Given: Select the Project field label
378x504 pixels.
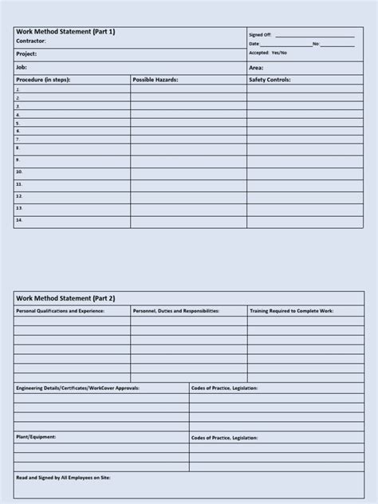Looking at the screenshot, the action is [26, 54].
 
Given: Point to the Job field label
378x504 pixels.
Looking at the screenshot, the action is [22, 68].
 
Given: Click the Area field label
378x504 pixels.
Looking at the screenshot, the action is [256, 68].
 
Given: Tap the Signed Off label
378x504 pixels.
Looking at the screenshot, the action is [260, 35].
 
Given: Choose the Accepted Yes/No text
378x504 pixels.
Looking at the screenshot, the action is [268, 53].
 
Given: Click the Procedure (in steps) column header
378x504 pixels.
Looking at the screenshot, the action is [46, 80].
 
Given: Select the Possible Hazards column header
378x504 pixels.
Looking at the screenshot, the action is [156, 80].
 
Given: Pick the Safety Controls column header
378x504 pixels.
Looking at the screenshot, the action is [270, 80].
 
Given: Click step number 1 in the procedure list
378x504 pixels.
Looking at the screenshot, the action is [18, 89].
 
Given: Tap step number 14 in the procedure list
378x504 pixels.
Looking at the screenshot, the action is [19, 219].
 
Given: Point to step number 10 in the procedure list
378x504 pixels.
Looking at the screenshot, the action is [19, 171].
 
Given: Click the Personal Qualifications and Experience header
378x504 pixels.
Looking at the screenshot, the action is [60, 310].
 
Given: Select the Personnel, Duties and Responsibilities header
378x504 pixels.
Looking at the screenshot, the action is [175, 310].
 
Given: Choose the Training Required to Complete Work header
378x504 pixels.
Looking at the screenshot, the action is [292, 310].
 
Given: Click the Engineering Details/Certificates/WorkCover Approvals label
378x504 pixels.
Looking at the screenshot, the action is [77, 388].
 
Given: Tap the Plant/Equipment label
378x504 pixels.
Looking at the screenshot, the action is [36, 437].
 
